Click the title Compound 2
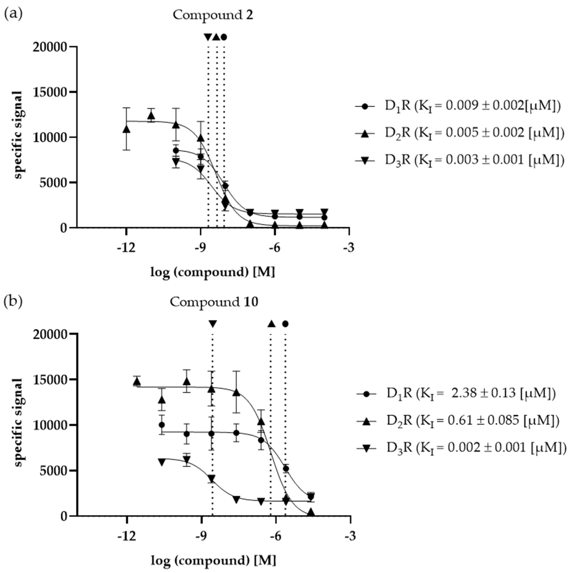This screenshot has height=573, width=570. [x=213, y=15]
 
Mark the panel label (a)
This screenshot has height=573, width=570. [x=13, y=14]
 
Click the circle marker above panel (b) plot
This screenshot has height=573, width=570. [x=285, y=324]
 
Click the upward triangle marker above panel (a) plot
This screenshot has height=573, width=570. [x=216, y=37]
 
